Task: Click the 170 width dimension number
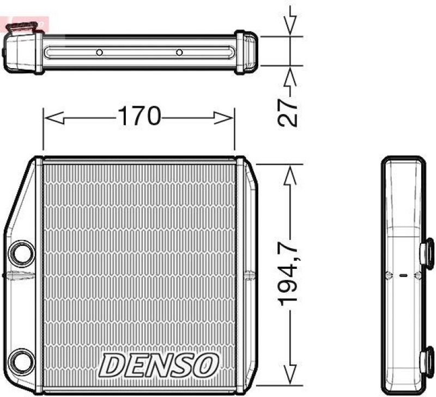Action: click(x=138, y=117)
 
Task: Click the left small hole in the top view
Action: click(x=99, y=53)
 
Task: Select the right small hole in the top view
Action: click(x=179, y=53)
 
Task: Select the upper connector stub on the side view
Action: click(x=426, y=251)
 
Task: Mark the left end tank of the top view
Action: click(x=23, y=52)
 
